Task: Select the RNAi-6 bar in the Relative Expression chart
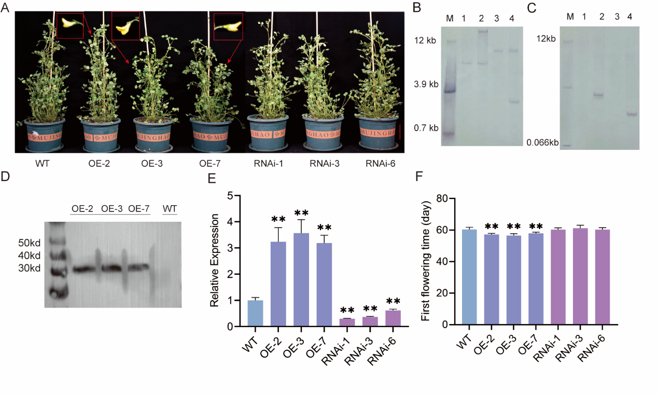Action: click(x=393, y=318)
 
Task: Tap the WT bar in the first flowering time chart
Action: click(x=469, y=277)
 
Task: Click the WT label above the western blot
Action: click(x=170, y=208)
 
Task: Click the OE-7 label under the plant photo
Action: click(x=212, y=164)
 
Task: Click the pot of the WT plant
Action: click(x=42, y=136)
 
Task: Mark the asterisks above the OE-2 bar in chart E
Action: click(x=278, y=219)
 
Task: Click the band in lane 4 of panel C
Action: click(x=631, y=113)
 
